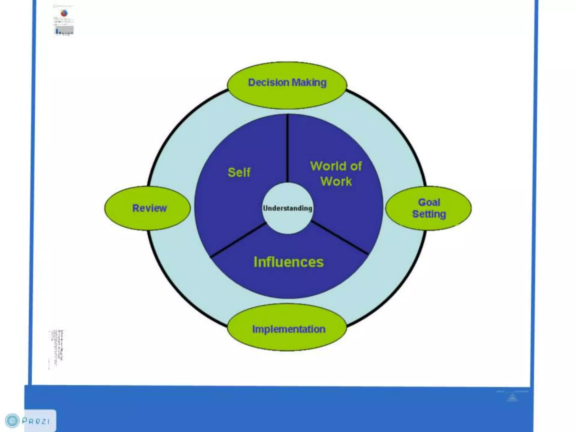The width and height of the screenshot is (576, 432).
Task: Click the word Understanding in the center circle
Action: (287, 208)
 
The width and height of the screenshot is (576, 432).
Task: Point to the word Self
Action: (239, 172)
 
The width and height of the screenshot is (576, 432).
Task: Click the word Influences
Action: (289, 262)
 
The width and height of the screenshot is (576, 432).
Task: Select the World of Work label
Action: (336, 174)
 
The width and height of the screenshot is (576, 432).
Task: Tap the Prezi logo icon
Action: (12, 421)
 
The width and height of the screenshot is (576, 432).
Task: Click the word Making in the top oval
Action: (309, 82)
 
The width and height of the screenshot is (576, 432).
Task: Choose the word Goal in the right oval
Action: (429, 202)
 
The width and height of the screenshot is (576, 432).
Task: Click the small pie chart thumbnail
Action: (64, 13)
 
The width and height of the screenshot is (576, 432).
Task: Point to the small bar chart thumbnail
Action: (64, 30)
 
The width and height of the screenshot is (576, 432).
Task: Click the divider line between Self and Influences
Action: (238, 240)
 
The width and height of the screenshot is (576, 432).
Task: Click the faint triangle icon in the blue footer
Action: (512, 397)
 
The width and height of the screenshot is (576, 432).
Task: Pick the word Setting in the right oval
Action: (429, 214)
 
